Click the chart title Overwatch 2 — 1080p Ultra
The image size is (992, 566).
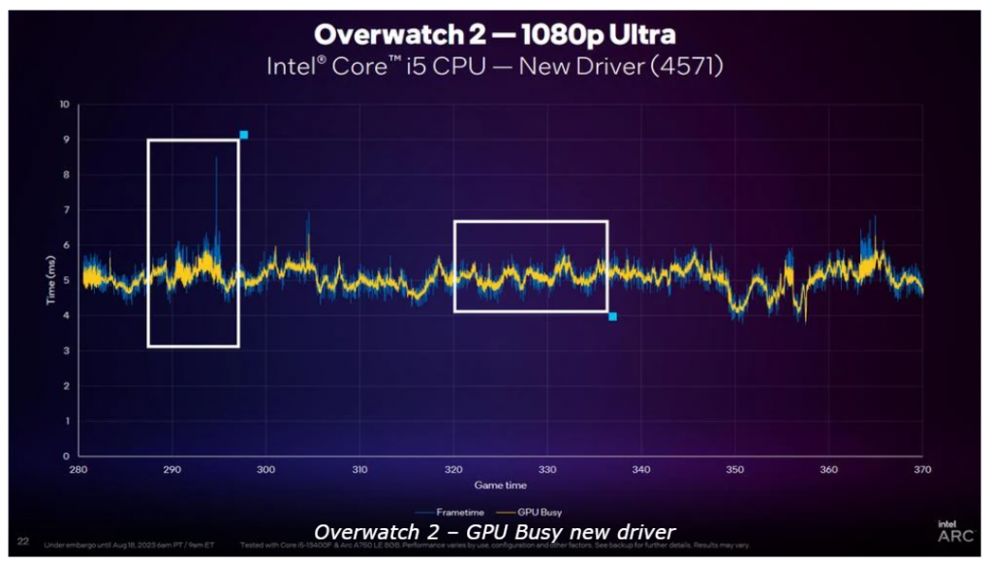pos(495,35)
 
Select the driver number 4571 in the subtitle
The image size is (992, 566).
pos(686,67)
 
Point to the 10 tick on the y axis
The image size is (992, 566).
pos(64,104)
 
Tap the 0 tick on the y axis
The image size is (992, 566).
pos(66,456)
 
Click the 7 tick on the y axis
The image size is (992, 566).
pos(66,209)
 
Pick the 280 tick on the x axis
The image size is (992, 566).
pos(78,469)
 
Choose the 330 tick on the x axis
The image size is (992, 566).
pos(547,469)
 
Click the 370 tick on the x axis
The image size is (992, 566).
pos(922,469)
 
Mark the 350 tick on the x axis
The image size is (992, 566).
pos(734,469)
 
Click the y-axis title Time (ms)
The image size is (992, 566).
pos(50,281)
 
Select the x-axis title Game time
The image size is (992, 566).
pos(500,484)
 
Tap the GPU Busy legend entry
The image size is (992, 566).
pos(536,512)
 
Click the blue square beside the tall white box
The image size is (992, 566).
pos(243,135)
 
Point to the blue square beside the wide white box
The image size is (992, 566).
pos(612,316)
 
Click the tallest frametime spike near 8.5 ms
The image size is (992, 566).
pos(216,160)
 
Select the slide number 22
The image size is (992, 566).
pos(22,541)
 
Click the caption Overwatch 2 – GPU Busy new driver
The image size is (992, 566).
pos(495,531)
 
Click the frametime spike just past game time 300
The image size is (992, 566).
pos(308,215)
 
